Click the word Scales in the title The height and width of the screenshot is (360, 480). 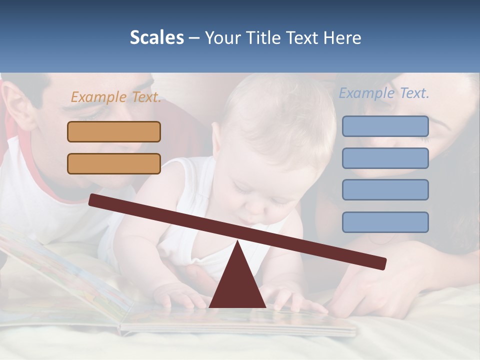coord(156,38)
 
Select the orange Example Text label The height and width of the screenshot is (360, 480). coord(116,97)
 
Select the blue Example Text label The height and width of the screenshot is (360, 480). coord(384,93)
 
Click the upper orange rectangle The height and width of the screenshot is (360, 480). coord(114,132)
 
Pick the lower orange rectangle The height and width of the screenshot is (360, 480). coord(114,163)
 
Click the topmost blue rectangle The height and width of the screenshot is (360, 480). coord(385,126)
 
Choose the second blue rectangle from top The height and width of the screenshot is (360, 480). coord(385,158)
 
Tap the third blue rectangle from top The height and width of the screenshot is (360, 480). coord(385,189)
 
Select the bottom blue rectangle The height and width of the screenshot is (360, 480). coord(385,222)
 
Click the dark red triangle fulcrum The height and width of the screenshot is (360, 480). coord(237,285)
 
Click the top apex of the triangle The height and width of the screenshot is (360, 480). coord(237,243)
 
